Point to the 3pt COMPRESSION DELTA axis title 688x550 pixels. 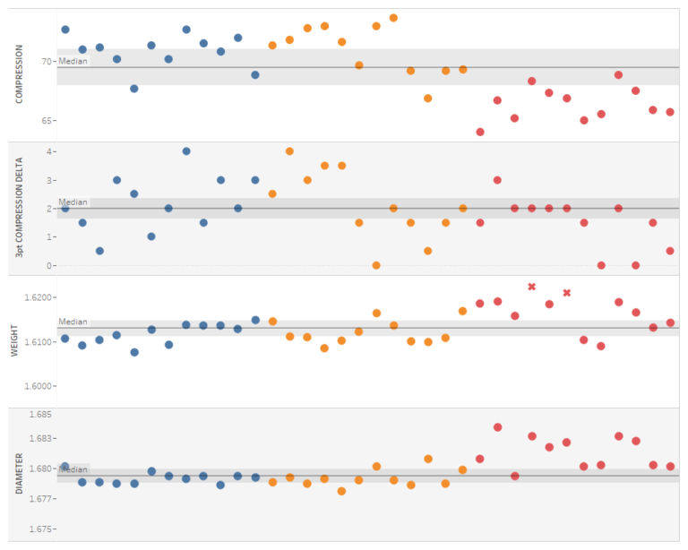(19, 208)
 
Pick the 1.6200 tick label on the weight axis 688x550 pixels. (39, 296)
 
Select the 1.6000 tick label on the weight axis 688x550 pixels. (39, 386)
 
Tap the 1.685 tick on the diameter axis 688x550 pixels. (41, 415)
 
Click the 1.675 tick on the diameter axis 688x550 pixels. (41, 529)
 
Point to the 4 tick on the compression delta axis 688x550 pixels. (49, 151)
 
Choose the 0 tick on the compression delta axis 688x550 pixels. (49, 265)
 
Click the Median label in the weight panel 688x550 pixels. (73, 322)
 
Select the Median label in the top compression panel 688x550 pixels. (73, 61)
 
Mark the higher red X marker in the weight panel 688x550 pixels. (531, 287)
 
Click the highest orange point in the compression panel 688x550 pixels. (393, 18)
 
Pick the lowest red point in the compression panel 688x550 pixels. (480, 132)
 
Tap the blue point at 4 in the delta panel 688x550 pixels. (186, 151)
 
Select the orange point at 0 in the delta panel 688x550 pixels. (376, 265)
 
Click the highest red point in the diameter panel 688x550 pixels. (497, 427)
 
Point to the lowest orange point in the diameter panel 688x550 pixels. (341, 491)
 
